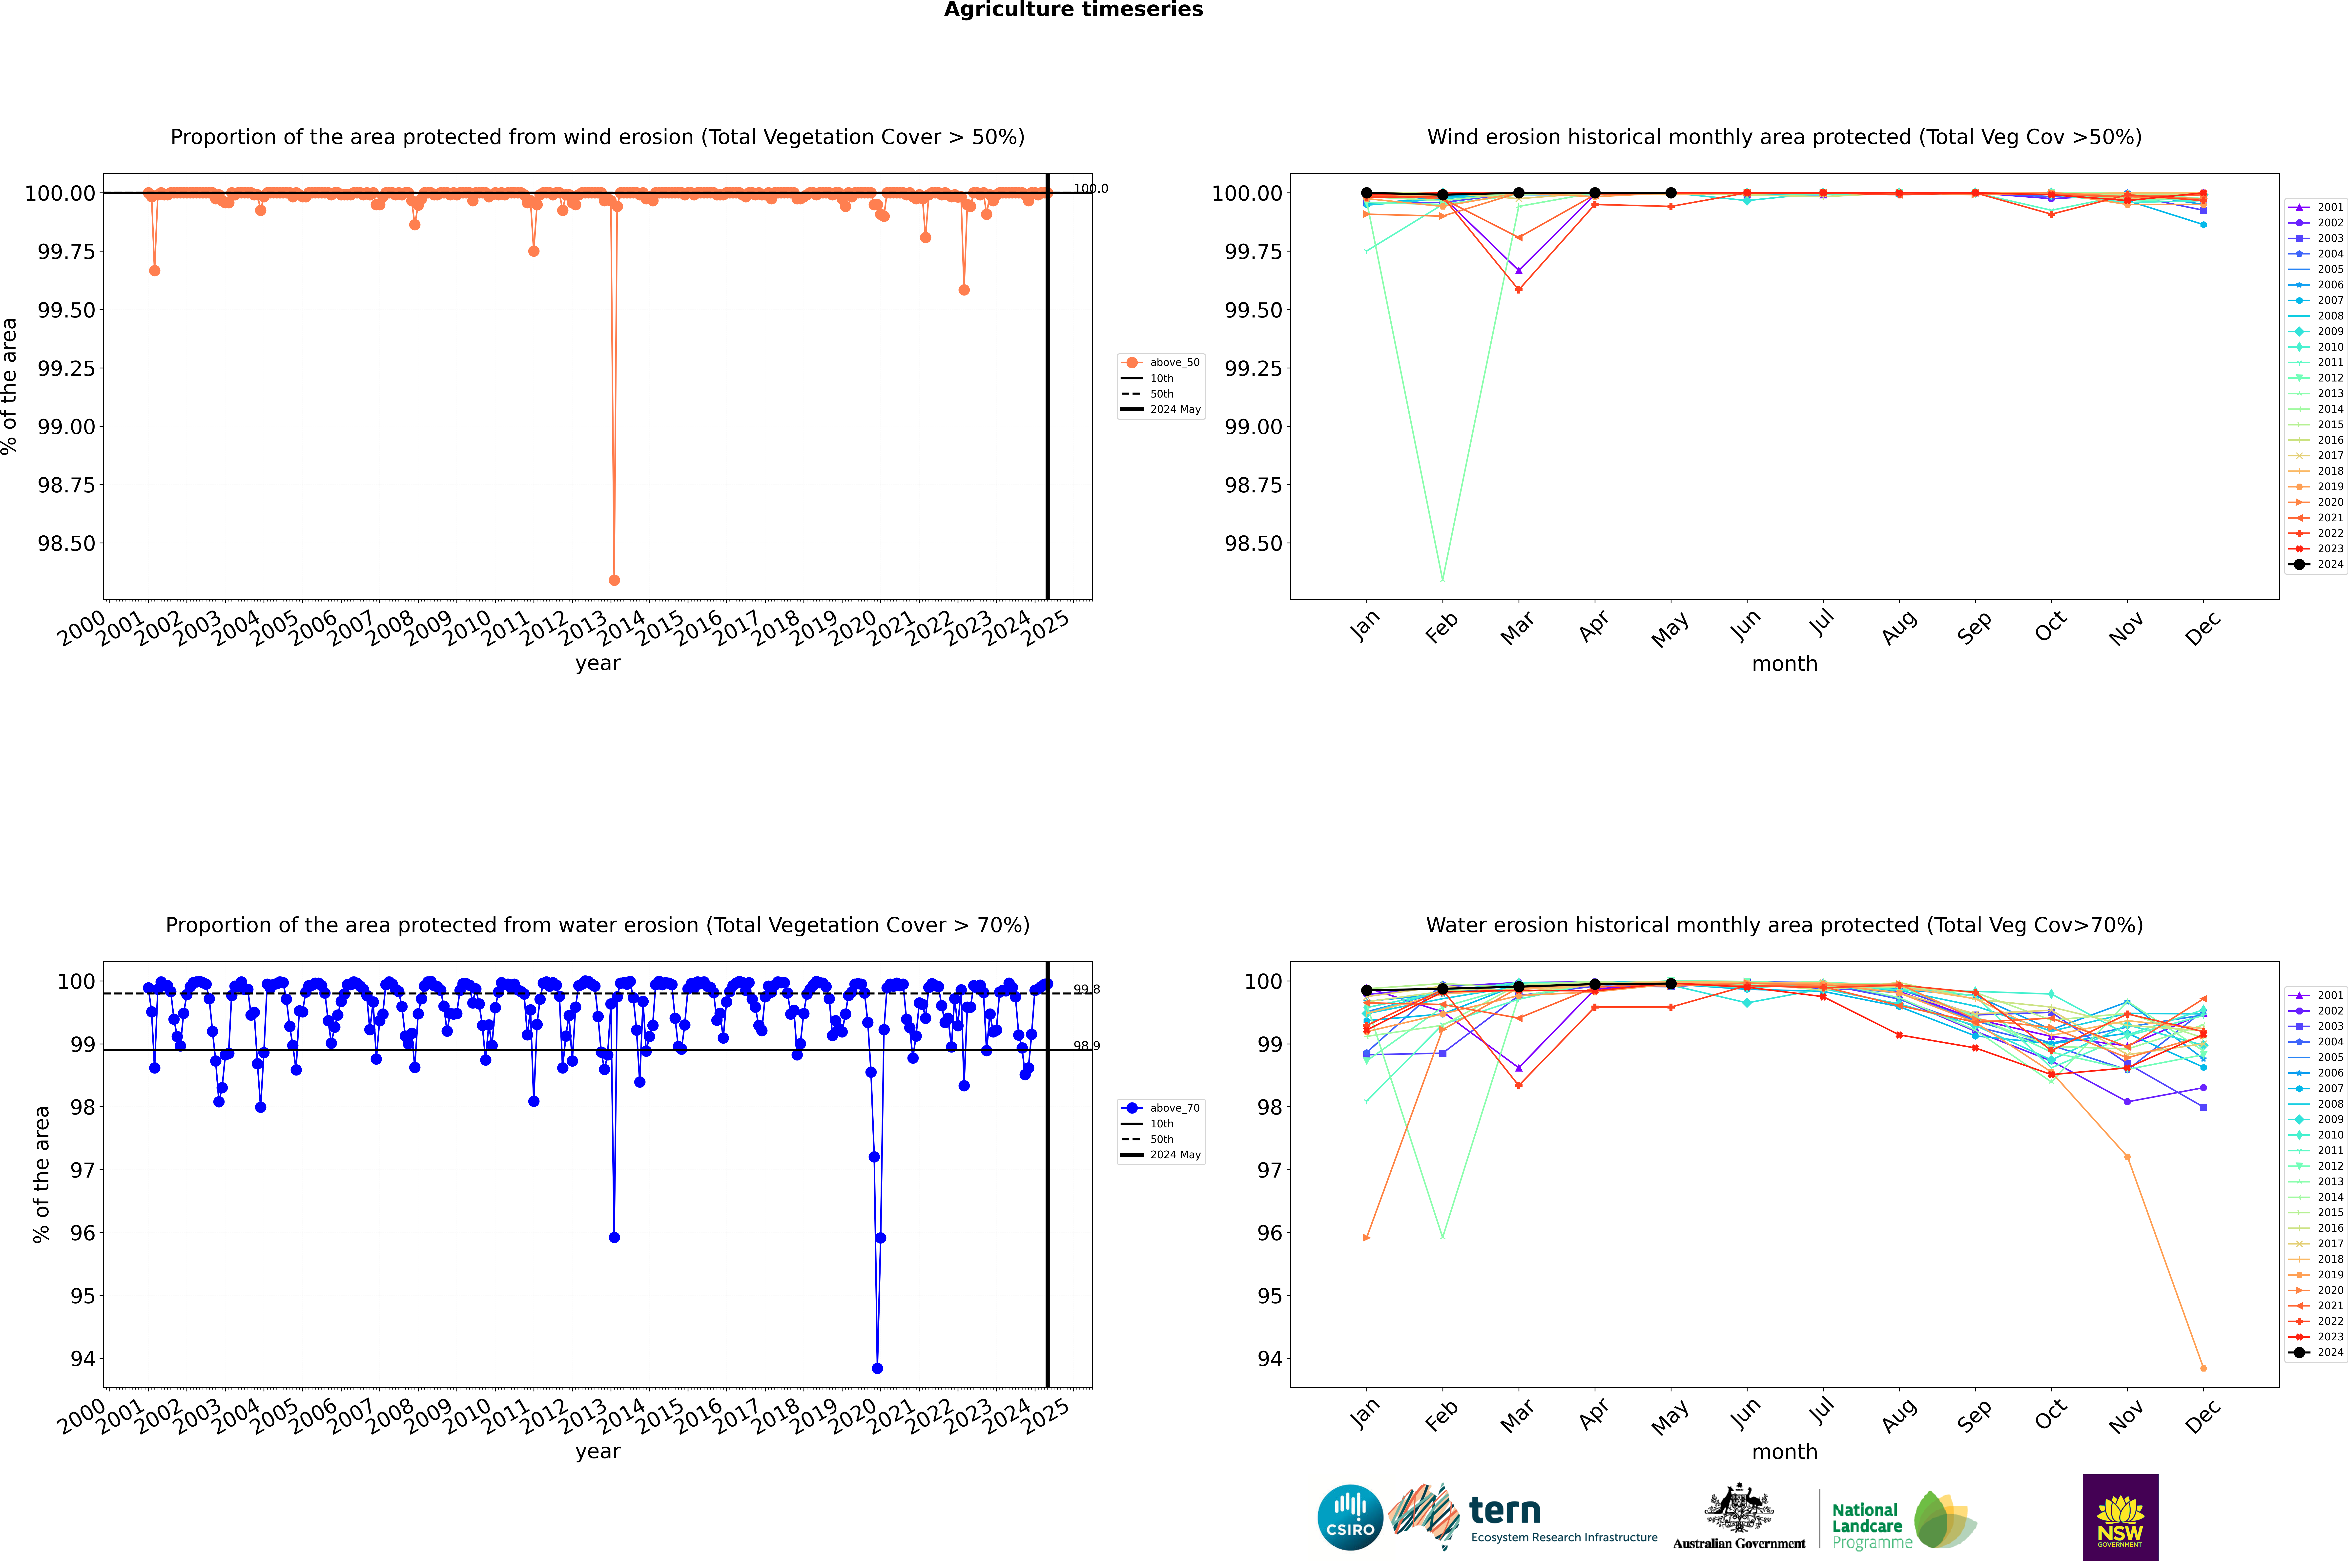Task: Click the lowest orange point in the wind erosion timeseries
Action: pyautogui.click(x=614, y=579)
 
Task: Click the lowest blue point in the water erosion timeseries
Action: pyautogui.click(x=877, y=1368)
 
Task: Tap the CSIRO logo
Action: pyautogui.click(x=1350, y=1517)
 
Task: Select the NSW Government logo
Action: pyautogui.click(x=2120, y=1517)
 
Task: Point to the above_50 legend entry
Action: pyautogui.click(x=1174, y=362)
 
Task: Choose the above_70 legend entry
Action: pyautogui.click(x=1174, y=1108)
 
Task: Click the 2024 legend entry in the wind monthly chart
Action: pyautogui.click(x=2329, y=565)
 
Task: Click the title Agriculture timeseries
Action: pyautogui.click(x=1073, y=10)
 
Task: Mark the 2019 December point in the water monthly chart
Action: pyautogui.click(x=2203, y=1368)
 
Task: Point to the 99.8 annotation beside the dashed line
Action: pyautogui.click(x=1086, y=990)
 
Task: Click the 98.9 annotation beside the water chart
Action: pyautogui.click(x=1086, y=1046)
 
